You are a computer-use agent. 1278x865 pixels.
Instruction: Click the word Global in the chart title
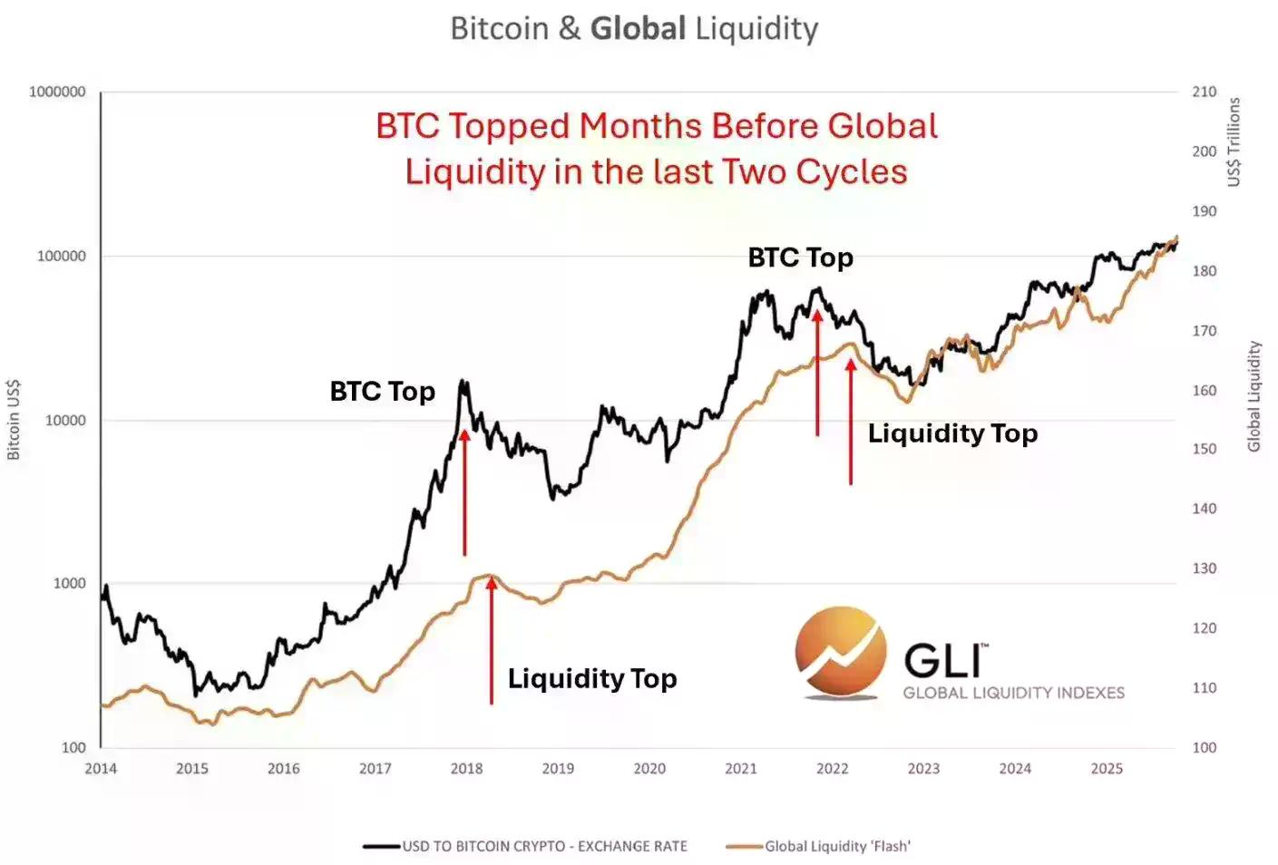pyautogui.click(x=638, y=28)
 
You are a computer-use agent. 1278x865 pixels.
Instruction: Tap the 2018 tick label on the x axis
pyautogui.click(x=466, y=769)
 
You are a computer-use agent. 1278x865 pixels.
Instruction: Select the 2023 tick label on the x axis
pyautogui.click(x=923, y=769)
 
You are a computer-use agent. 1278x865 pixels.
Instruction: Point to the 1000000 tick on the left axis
pyautogui.click(x=57, y=92)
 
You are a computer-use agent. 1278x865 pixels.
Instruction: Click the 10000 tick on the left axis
pyautogui.click(x=64, y=421)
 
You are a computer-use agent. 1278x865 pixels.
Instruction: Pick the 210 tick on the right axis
pyautogui.click(x=1204, y=92)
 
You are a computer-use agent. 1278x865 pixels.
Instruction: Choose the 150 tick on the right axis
pyautogui.click(x=1204, y=449)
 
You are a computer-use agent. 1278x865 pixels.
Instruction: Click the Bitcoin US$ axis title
pyautogui.click(x=14, y=419)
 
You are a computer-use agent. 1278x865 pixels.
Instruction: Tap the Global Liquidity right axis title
pyautogui.click(x=1254, y=396)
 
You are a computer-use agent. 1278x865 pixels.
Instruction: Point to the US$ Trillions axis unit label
pyautogui.click(x=1234, y=142)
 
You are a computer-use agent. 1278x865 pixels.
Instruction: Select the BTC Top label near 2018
pyautogui.click(x=382, y=392)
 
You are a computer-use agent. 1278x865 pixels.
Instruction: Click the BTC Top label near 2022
pyautogui.click(x=800, y=258)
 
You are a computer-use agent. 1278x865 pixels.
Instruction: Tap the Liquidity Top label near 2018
pyautogui.click(x=591, y=678)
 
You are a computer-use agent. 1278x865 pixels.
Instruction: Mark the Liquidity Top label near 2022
pyautogui.click(x=952, y=433)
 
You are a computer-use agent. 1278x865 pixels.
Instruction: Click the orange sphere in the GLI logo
pyautogui.click(x=840, y=653)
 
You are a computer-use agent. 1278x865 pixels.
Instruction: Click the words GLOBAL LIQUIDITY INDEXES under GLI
pyautogui.click(x=1013, y=693)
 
